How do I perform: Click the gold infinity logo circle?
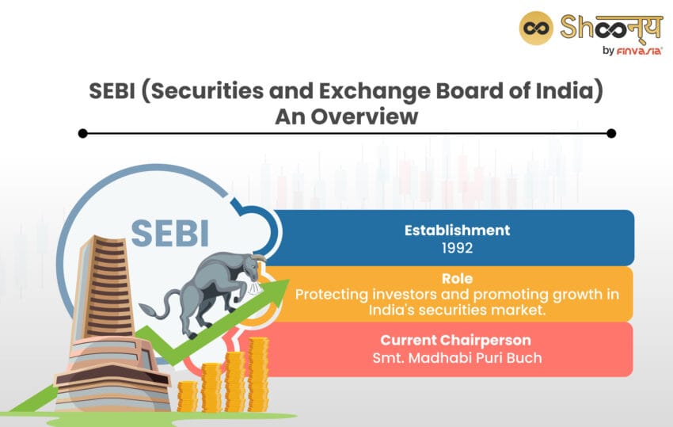coord(536,29)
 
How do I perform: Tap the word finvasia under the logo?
coord(639,51)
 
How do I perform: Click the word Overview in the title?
coord(364,116)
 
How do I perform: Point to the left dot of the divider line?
coord(83,134)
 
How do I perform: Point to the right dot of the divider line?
coord(611,134)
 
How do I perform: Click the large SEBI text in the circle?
coord(170,233)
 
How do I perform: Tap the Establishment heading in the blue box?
coord(457,231)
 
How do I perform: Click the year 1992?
coord(457,248)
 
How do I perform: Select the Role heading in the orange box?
coord(457,279)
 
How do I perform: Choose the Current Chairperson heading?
coord(455,340)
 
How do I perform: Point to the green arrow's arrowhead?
coord(277,290)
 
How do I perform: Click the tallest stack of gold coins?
coord(258,374)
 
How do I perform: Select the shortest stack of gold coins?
coord(188,396)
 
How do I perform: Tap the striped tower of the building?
coord(105,287)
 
